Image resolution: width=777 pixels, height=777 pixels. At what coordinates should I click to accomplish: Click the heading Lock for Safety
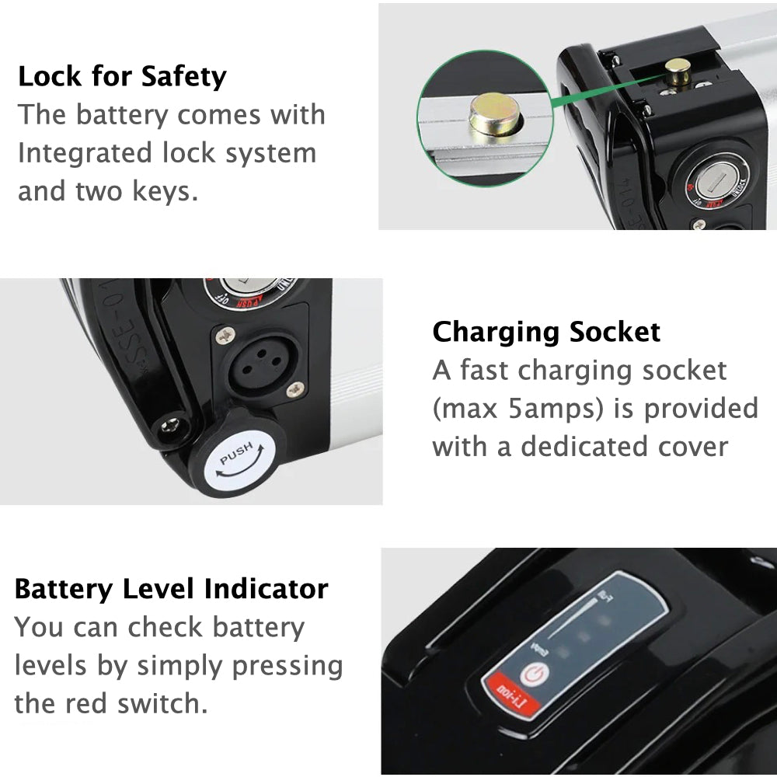(x=122, y=77)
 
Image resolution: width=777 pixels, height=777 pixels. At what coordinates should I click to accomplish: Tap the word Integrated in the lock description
(x=85, y=152)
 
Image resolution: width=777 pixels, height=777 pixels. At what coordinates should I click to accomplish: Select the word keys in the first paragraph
(x=165, y=190)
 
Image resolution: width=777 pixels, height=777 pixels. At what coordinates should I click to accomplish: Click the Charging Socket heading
(x=546, y=332)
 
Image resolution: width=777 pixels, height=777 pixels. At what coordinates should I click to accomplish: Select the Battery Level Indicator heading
(x=171, y=588)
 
